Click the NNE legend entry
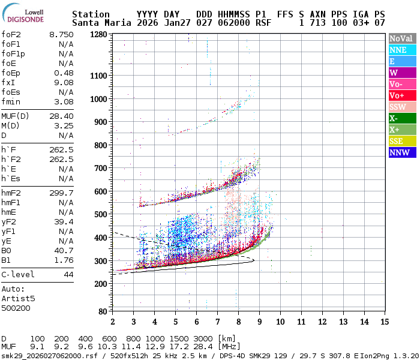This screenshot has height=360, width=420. tap(401, 50)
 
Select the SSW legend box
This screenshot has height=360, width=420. tap(401, 107)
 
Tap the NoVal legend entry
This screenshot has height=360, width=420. tap(401, 38)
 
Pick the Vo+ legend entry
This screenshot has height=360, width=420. tap(401, 95)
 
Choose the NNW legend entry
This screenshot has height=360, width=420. tap(401, 152)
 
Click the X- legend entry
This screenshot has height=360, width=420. tap(401, 118)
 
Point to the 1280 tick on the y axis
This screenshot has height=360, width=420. tap(99, 34)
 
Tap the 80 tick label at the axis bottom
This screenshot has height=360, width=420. tap(103, 311)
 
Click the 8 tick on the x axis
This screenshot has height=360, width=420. tap(238, 322)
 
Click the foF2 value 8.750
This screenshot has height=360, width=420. tap(61, 35)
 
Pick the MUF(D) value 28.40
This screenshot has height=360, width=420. tap(61, 116)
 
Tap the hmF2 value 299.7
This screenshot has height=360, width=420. tap(61, 193)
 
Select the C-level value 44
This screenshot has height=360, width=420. tap(68, 275)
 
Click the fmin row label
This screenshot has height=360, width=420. tap(11, 102)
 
